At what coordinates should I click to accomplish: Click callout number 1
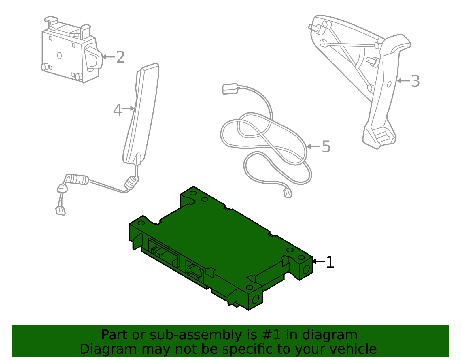pyautogui.click(x=330, y=262)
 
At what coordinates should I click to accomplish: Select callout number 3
pyautogui.click(x=415, y=81)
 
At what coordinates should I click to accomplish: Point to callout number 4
pyautogui.click(x=117, y=110)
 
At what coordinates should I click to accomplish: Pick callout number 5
pyautogui.click(x=326, y=146)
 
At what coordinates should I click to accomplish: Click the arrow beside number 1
pyautogui.click(x=318, y=261)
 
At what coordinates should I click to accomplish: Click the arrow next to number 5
pyautogui.click(x=313, y=146)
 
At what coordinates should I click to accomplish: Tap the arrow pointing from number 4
pyautogui.click(x=129, y=108)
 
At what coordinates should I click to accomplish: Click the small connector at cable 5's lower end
pyautogui.click(x=288, y=193)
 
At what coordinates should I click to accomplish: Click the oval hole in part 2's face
pyautogui.click(x=59, y=55)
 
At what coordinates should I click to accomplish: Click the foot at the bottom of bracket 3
pyautogui.click(x=379, y=137)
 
